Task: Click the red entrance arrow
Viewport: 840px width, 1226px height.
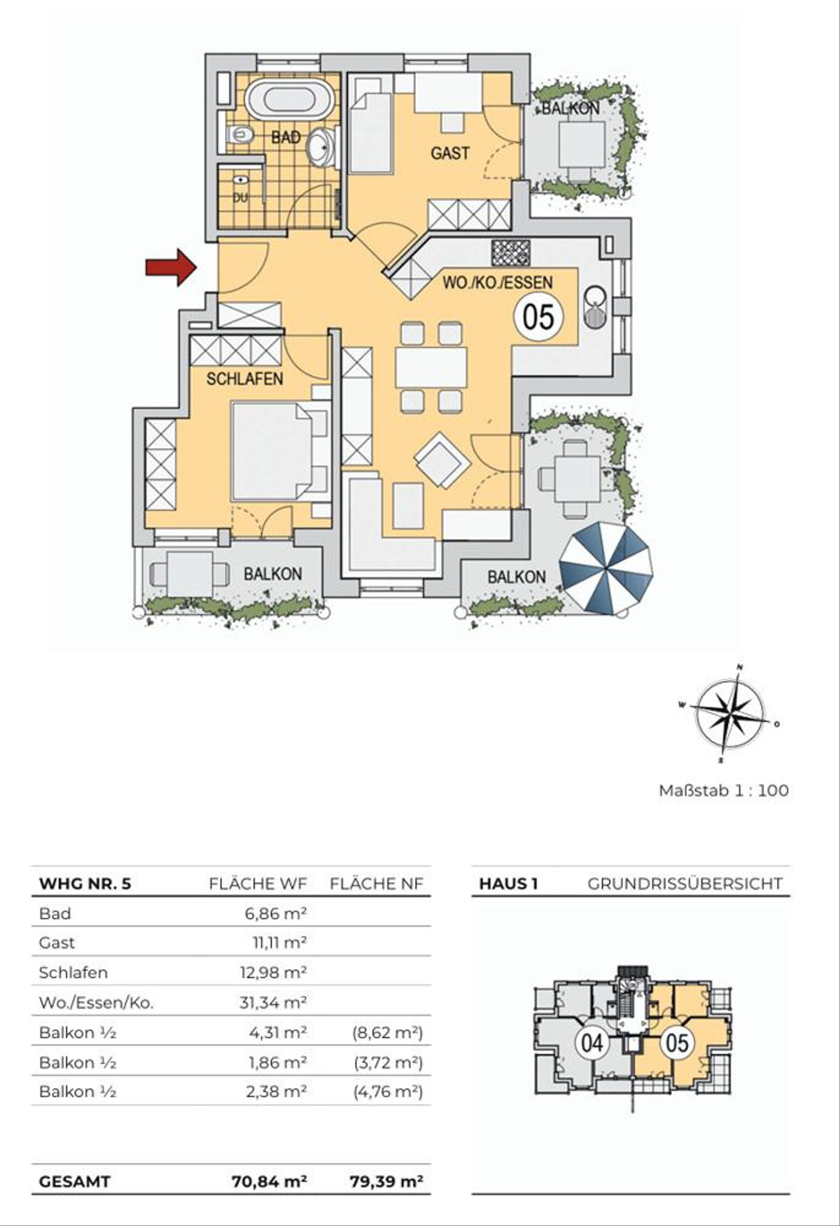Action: tap(171, 267)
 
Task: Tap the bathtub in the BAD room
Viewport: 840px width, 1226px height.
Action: tap(290, 99)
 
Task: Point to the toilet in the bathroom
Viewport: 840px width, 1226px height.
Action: tap(239, 134)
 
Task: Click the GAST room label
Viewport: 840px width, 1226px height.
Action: tap(450, 153)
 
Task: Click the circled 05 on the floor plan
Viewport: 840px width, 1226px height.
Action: tap(538, 317)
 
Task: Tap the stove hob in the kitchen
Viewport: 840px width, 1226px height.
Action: tap(512, 253)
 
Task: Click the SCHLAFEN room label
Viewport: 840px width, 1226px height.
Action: tap(244, 379)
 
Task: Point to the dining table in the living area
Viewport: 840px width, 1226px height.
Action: tap(431, 367)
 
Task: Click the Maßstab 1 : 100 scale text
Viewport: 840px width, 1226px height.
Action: tap(724, 791)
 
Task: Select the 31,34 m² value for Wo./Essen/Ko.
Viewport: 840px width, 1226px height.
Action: tap(273, 1002)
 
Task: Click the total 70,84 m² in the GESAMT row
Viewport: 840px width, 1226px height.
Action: tap(269, 1182)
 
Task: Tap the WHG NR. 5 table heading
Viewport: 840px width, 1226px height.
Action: tap(85, 883)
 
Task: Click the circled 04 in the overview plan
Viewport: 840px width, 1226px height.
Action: tap(592, 1043)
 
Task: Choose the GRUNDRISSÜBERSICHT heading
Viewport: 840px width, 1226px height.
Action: tap(685, 883)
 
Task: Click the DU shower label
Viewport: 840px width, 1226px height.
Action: tap(240, 197)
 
